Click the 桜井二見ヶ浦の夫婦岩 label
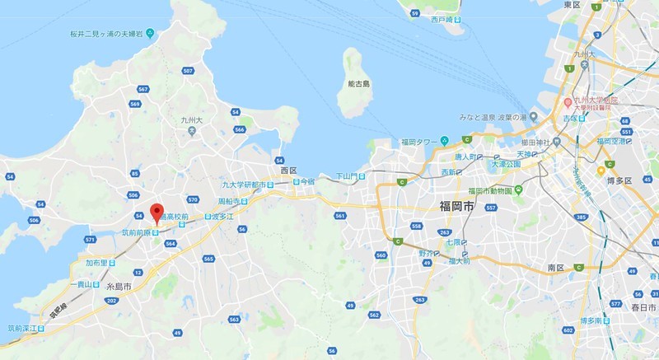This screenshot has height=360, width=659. click(x=112, y=35)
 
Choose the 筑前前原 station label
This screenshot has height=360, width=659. click(x=134, y=233)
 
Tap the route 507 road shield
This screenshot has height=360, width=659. click(x=189, y=72)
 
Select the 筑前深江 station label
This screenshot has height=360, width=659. click(x=22, y=328)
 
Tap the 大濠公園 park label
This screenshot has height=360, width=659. click(x=507, y=163)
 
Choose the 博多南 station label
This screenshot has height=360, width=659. click(x=592, y=320)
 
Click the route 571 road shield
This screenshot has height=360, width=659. click(x=89, y=240)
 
